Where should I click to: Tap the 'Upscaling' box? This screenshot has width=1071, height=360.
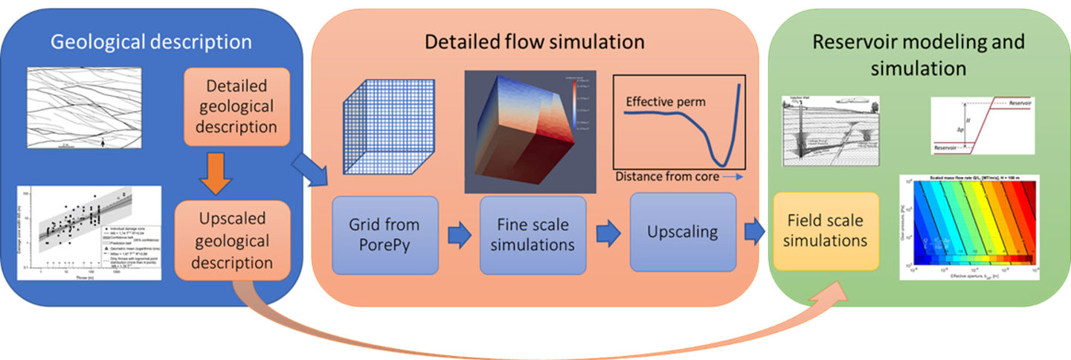click(x=683, y=231)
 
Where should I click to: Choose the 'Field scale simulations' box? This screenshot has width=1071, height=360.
click(x=826, y=231)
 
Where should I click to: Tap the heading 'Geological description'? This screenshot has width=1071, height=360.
click(x=151, y=42)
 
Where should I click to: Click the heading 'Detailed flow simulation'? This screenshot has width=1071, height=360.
click(x=534, y=41)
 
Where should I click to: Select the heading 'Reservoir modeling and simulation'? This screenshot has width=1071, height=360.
click(x=918, y=54)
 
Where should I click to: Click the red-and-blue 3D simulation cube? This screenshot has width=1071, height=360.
click(x=521, y=132)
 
